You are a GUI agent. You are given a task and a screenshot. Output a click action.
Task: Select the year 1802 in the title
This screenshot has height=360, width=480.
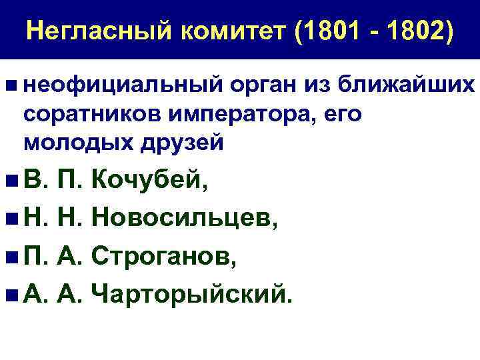tap(417, 31)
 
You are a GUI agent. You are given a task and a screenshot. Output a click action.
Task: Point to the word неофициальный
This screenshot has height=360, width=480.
tap(123, 86)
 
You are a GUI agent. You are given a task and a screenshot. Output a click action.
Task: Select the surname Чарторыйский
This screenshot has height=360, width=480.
tap(193, 293)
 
